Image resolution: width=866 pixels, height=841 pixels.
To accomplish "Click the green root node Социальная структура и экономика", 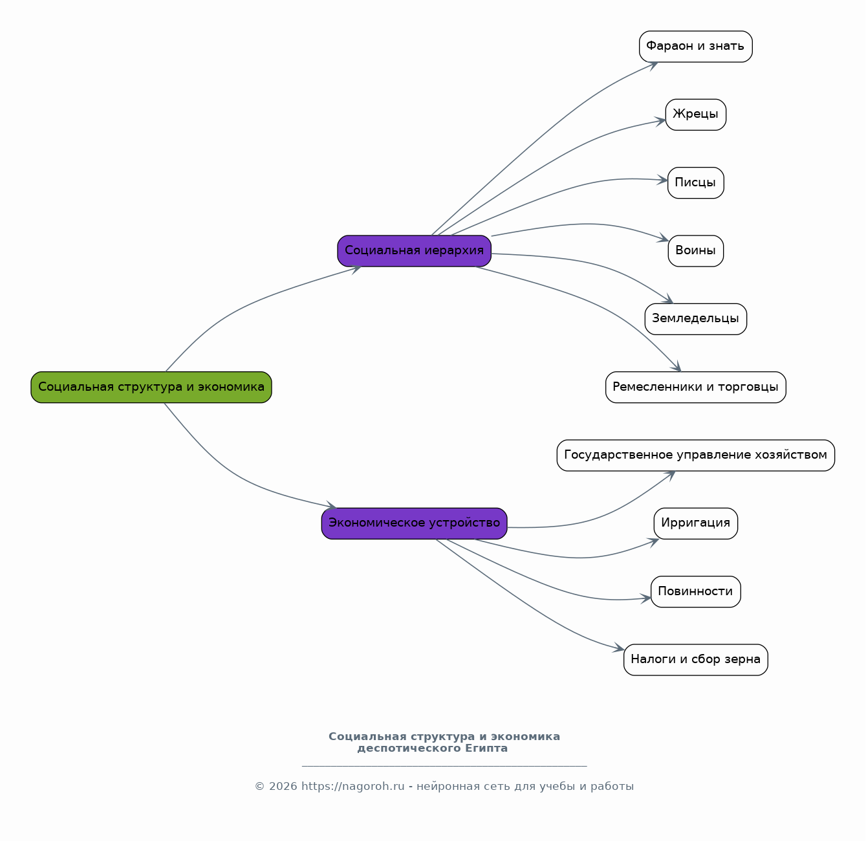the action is pos(151,388).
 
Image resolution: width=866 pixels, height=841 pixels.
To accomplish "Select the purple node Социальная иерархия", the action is pos(415,251).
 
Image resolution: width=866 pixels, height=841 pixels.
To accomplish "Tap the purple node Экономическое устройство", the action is pos(415,523).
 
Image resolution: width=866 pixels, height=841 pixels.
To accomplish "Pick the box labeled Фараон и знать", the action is pos(695,47).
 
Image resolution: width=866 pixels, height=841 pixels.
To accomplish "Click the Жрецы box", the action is pos(695,115).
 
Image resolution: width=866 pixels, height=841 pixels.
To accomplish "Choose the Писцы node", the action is pos(695,183).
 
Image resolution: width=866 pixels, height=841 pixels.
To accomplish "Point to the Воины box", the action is pos(695,251).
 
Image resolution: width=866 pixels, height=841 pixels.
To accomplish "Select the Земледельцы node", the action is pos(695,319).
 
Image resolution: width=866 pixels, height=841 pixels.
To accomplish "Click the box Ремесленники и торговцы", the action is pos(695,388).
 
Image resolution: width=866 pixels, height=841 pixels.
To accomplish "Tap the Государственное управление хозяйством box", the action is pos(695,455).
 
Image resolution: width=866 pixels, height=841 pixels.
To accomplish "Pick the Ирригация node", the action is pos(695,523).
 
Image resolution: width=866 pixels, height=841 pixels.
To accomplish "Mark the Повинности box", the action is pos(695,592).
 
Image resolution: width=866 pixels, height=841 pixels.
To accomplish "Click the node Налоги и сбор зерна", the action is pos(695,660).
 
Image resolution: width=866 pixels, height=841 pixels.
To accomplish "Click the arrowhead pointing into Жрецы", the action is pos(660,122).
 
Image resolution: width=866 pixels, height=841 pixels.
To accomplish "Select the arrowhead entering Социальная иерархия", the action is pos(356,269).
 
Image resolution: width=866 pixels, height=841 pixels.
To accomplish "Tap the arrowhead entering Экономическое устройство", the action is pos(332,505).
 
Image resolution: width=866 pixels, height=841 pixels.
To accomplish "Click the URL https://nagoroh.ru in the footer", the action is pos(353,787).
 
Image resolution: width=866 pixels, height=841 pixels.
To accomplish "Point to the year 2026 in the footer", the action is pos(283,787).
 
